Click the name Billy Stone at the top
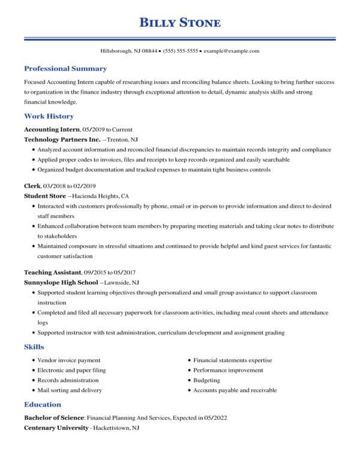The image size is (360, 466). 180,23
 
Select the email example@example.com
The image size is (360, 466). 232,52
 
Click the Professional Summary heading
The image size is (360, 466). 65,68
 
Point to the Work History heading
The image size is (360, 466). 49,116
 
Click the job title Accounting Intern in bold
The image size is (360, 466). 52,129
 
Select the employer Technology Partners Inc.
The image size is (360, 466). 53,139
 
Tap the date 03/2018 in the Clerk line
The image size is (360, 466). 51,186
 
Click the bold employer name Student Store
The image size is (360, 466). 44,196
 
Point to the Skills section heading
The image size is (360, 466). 34,347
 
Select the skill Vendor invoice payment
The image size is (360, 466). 68,360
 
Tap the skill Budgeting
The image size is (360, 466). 206,381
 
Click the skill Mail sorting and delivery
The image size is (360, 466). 69,390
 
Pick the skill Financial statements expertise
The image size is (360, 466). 232,360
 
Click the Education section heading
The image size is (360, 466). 42,404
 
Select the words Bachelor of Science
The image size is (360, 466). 55,417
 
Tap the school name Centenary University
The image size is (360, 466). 56,428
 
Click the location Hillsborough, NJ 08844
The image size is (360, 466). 128,52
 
